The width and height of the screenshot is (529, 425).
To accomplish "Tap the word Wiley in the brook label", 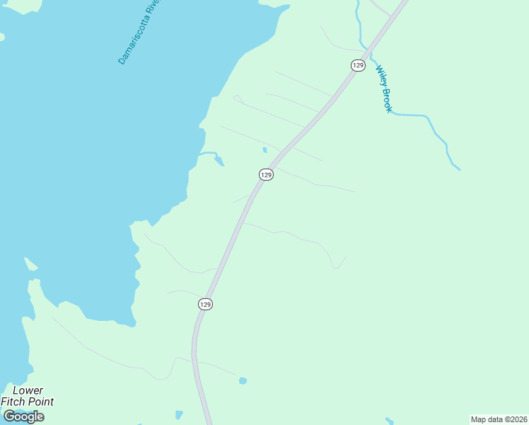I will pos(380,76).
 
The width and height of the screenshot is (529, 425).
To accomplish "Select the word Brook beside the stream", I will pos(387,100).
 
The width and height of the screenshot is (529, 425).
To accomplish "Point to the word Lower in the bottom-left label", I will pos(28,390).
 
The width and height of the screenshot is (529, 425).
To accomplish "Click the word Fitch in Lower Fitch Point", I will pos(14,402).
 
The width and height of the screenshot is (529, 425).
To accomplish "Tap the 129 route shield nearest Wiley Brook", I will pos(357,65).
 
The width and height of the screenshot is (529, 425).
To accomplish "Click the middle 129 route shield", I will pos(266,174).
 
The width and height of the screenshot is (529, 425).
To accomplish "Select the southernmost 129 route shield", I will pos(205,304).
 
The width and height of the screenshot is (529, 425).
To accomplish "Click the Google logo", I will pos(23,416).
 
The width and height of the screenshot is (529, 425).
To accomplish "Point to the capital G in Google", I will pos(9,416).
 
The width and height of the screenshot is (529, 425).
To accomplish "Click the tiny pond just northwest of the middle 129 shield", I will pos(264,149).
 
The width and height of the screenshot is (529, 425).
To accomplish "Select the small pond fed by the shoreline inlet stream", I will pos(219,161).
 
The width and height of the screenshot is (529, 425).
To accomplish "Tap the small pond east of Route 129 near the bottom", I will pos(243,381).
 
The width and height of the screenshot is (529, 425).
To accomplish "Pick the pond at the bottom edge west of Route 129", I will pos(179,414).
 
